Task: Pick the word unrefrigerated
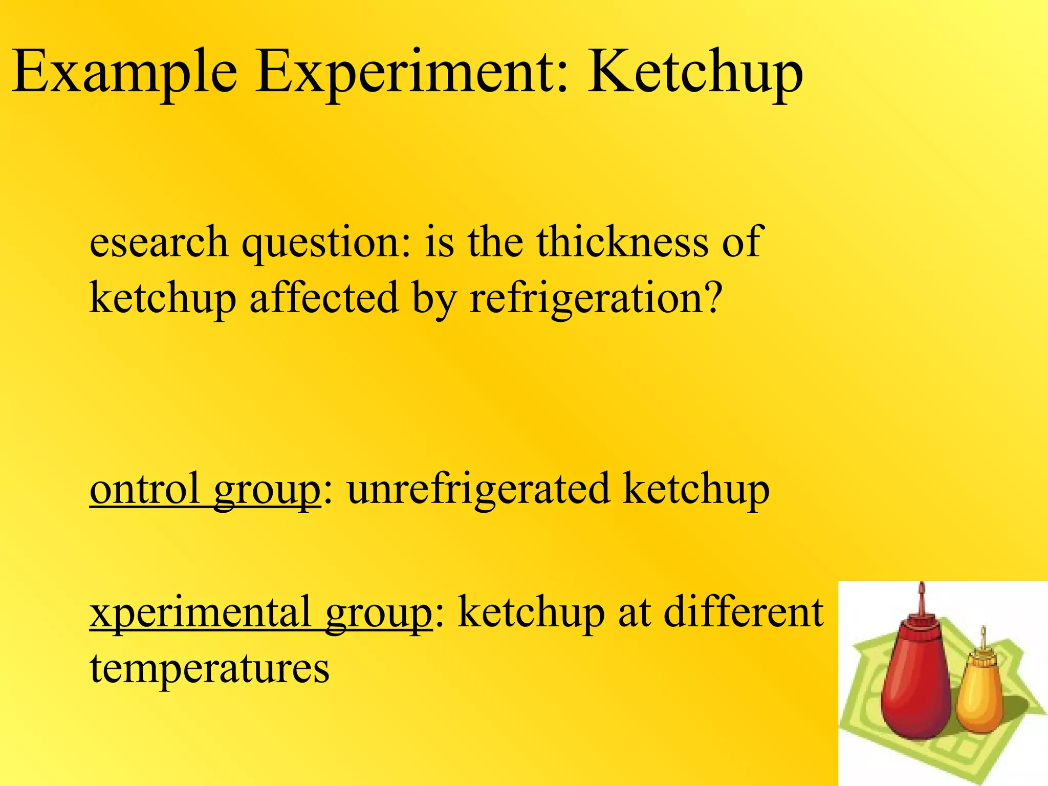[x=478, y=489]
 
